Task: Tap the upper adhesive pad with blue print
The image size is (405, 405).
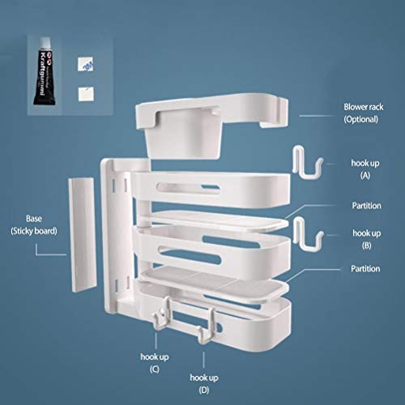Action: click(85, 64)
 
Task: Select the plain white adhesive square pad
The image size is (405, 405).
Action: click(86, 94)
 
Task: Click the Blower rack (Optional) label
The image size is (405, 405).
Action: click(363, 113)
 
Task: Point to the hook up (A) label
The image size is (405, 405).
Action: click(365, 169)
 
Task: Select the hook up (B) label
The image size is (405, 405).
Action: click(366, 239)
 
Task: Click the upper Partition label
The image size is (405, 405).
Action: click(366, 206)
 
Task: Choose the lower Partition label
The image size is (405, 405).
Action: click(365, 269)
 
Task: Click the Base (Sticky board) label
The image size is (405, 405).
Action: click(34, 224)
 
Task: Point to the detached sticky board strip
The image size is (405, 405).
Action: click(83, 234)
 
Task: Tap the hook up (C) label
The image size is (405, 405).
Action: click(155, 363)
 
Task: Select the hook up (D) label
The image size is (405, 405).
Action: click(204, 384)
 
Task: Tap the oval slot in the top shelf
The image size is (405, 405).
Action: click(188, 188)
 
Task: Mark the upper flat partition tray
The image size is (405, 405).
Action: click(216, 221)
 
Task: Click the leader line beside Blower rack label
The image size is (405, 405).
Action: click(318, 116)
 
